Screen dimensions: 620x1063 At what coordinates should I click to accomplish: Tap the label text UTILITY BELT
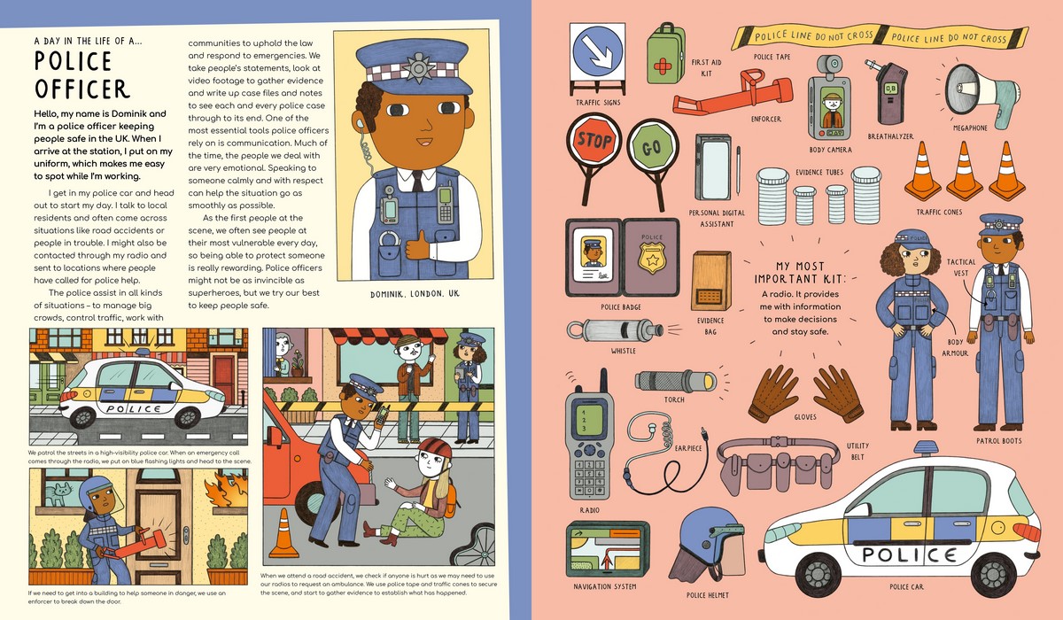tap(856, 451)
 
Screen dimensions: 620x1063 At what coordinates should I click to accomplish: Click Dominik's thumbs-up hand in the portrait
tap(417, 244)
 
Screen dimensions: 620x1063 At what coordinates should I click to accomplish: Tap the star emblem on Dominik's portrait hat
tap(415, 67)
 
